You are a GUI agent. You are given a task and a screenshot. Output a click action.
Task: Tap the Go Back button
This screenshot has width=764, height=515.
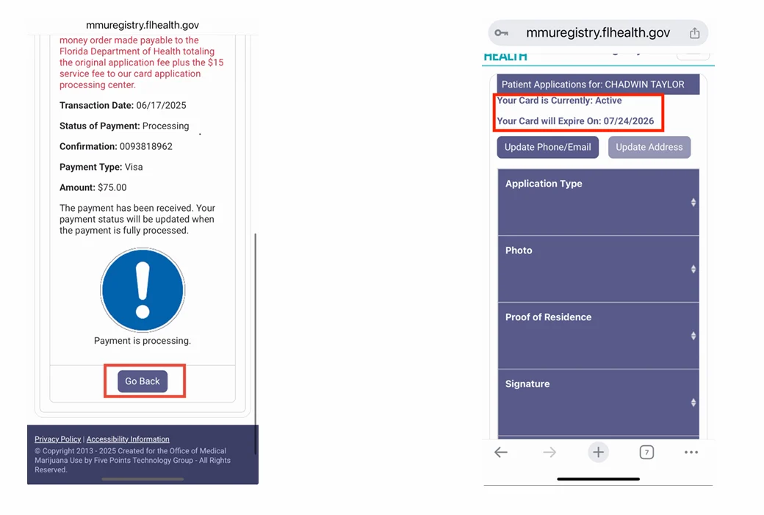click(x=143, y=381)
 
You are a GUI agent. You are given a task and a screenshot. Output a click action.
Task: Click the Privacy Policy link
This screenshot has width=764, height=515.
click(x=58, y=439)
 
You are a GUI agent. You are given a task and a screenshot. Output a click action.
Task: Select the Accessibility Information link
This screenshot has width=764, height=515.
click(x=128, y=439)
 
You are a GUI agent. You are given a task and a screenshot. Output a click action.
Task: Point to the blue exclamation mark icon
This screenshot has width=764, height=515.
click(x=143, y=289)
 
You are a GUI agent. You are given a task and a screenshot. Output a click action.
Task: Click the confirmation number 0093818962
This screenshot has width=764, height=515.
click(x=146, y=146)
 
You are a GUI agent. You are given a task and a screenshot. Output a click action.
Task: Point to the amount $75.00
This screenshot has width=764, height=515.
click(x=112, y=187)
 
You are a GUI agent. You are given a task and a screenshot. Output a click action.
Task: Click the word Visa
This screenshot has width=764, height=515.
click(x=133, y=167)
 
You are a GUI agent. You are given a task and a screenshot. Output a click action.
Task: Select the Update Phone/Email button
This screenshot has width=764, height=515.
click(x=547, y=147)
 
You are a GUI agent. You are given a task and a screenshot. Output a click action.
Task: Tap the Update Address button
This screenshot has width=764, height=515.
click(x=649, y=147)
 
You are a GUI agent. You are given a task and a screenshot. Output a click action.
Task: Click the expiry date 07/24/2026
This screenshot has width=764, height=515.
click(x=629, y=121)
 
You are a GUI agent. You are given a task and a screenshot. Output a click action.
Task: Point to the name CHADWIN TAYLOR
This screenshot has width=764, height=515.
click(x=644, y=84)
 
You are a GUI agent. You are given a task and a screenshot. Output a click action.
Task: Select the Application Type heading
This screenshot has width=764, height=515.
click(x=544, y=184)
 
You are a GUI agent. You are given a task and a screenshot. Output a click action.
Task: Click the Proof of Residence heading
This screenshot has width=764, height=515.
click(x=548, y=317)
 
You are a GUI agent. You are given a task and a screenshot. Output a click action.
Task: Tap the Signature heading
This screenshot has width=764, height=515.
click(x=527, y=384)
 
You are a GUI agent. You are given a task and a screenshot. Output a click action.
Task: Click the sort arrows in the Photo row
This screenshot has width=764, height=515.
click(x=693, y=269)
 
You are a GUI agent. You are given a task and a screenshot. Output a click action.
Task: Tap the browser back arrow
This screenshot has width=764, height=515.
click(x=501, y=453)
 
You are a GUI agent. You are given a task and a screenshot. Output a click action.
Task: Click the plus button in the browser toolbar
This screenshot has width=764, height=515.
click(x=598, y=453)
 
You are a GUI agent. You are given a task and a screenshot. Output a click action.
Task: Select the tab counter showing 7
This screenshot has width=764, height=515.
click(x=646, y=453)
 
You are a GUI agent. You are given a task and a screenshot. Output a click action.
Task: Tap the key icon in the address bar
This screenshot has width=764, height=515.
click(x=502, y=33)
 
